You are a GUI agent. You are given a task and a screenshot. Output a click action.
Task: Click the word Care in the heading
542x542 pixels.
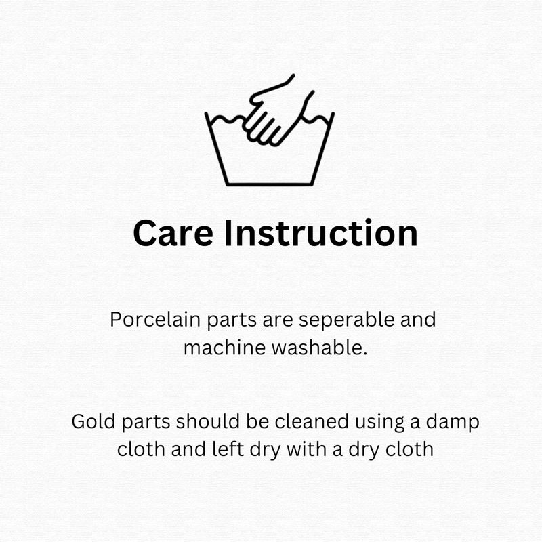(x=173, y=233)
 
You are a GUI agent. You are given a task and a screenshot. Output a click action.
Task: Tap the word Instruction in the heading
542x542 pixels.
(x=321, y=232)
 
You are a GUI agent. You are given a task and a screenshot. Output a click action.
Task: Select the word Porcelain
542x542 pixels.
(x=155, y=319)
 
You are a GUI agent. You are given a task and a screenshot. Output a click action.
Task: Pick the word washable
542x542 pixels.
(x=316, y=348)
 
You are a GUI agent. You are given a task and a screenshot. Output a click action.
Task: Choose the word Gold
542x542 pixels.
(x=93, y=421)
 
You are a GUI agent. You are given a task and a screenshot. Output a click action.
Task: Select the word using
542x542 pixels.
(x=379, y=423)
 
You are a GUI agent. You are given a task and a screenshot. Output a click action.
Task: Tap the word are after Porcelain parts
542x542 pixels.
(x=277, y=321)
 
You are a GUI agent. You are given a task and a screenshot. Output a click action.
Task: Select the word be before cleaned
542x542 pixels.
(x=257, y=421)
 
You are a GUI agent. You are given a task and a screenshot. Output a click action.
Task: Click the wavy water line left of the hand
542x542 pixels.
(x=226, y=120)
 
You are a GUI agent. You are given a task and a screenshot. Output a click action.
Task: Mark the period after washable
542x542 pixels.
(x=364, y=354)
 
